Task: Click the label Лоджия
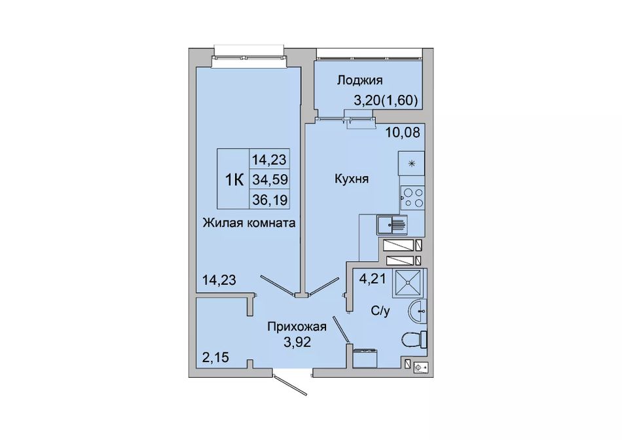(x=360, y=81)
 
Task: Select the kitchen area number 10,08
(x=403, y=132)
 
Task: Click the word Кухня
(x=352, y=179)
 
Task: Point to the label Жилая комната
(x=249, y=223)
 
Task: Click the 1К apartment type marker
(x=234, y=181)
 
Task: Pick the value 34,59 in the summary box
(x=270, y=180)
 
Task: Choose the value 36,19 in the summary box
(x=270, y=200)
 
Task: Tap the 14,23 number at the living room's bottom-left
(x=219, y=280)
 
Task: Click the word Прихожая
(x=297, y=327)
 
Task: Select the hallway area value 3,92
(x=297, y=342)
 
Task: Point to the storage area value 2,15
(x=216, y=358)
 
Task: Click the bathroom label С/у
(x=380, y=311)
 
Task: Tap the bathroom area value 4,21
(x=373, y=280)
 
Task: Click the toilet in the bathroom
(x=414, y=340)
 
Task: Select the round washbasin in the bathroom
(x=418, y=312)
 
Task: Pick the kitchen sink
(x=392, y=225)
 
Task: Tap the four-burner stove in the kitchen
(x=412, y=198)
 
